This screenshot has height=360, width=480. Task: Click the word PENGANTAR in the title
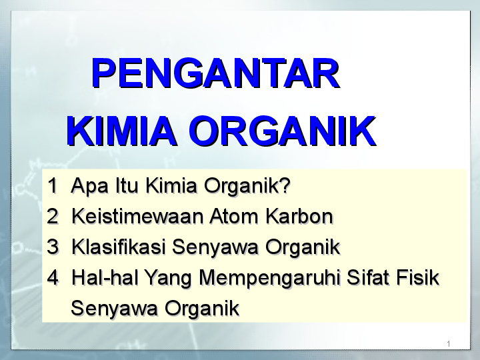click(215, 73)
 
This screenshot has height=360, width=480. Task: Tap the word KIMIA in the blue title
click(121, 131)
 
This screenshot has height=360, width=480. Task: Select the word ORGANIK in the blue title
click(283, 131)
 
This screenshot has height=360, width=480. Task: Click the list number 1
click(53, 185)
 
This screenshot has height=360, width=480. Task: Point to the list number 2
click(53, 216)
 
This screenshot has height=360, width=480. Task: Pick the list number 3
click(53, 247)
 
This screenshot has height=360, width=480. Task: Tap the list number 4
click(53, 277)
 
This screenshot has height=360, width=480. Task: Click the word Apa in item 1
click(90, 187)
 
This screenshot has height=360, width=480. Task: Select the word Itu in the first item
click(127, 185)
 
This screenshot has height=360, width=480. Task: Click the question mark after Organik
click(285, 185)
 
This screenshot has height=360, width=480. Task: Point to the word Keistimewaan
click(138, 216)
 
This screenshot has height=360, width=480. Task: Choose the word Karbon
click(299, 216)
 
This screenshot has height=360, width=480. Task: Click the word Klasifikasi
click(119, 247)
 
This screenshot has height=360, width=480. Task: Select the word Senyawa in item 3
click(215, 248)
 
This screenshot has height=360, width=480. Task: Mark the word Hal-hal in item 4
click(105, 277)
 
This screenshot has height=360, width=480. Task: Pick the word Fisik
click(417, 277)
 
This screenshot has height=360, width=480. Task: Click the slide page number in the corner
click(449, 344)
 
